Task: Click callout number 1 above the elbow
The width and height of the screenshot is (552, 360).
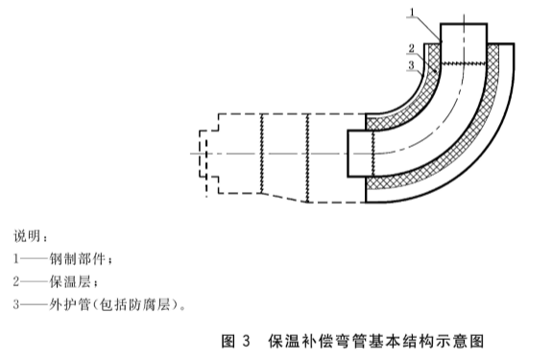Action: point(410,12)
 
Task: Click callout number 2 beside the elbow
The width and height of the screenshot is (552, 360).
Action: point(410,47)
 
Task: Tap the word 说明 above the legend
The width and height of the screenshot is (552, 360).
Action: point(31,235)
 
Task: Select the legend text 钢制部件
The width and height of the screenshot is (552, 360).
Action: point(84,259)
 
